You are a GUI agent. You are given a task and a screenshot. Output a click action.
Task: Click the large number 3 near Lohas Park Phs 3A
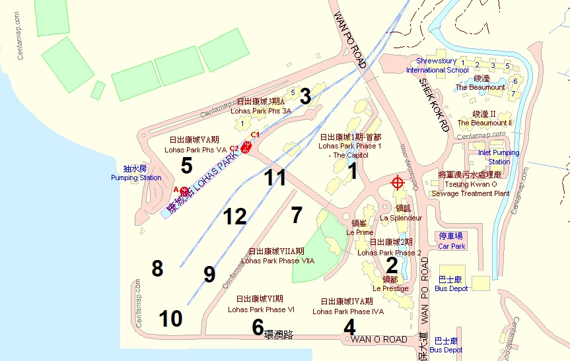(x=304, y=96)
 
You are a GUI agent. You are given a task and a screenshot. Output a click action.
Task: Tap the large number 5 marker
(x=186, y=166)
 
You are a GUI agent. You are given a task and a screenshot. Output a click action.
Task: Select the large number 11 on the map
(x=275, y=178)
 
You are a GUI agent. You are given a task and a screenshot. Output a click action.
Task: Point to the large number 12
(x=234, y=216)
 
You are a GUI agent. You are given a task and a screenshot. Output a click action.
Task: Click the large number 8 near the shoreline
(x=157, y=269)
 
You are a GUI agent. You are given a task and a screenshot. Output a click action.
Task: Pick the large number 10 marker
(x=170, y=319)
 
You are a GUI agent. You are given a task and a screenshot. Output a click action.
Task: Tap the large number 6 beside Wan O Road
(x=258, y=327)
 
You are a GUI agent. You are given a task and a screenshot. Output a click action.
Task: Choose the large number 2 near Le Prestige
(x=392, y=265)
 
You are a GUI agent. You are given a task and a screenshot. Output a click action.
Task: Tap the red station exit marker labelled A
(x=184, y=191)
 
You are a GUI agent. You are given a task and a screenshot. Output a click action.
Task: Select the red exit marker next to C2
(x=246, y=148)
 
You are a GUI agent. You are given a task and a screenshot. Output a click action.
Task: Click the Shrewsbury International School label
(x=437, y=65)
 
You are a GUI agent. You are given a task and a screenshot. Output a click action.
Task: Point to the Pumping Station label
(x=136, y=173)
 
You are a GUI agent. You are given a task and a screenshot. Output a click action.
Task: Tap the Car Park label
(x=452, y=241)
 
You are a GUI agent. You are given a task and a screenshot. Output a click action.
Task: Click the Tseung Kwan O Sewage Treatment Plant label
(x=474, y=184)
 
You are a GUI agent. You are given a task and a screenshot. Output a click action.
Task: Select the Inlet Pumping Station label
(x=499, y=157)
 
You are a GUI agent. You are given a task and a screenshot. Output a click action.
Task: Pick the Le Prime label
(x=359, y=228)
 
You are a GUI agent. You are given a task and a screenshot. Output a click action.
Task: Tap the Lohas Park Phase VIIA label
(x=277, y=255)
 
